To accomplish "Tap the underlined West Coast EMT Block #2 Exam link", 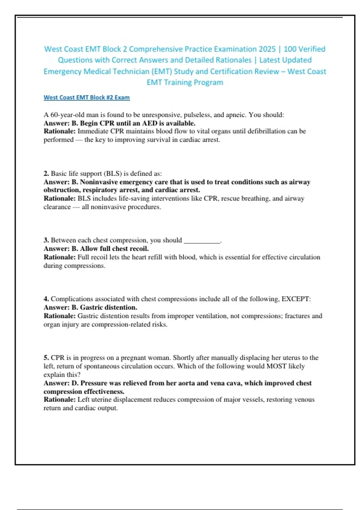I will click(x=87, y=97).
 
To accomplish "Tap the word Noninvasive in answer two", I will click(x=99, y=182).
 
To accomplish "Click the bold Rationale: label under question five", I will click(x=59, y=400).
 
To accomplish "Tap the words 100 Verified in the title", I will click(x=304, y=49).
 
